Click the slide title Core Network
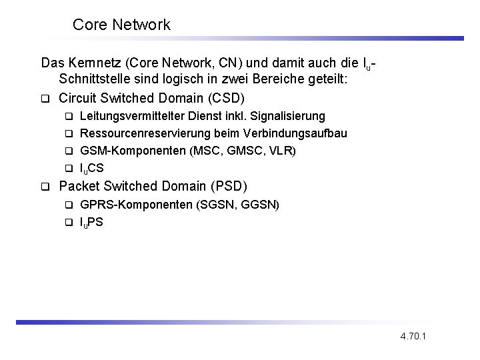click(121, 25)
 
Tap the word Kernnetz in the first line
click(93, 64)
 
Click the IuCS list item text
click(92, 168)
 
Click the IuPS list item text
click(92, 222)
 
